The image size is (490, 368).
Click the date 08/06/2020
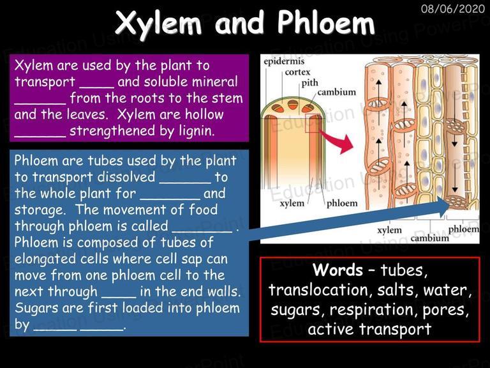453,9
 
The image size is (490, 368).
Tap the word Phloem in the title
325,22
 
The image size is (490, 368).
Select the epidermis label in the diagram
284,61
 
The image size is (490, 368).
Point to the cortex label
297,72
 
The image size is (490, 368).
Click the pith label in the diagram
309,82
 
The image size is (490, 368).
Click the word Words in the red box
338,270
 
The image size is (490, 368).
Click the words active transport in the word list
369,329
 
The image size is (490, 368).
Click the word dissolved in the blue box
126,177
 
